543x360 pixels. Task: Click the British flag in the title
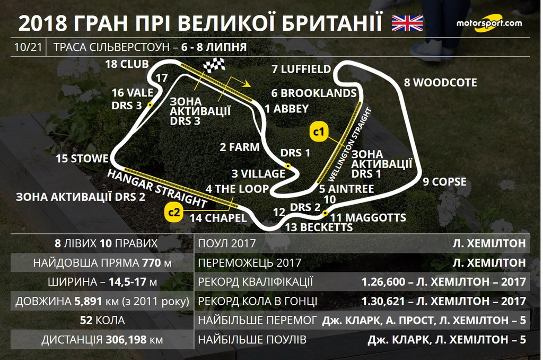click(x=407, y=23)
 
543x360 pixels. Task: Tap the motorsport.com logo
click(x=489, y=23)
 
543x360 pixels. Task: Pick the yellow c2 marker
click(x=173, y=212)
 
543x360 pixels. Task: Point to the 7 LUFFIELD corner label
click(x=301, y=69)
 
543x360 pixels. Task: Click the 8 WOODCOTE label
click(x=440, y=83)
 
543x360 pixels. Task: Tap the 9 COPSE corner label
click(x=444, y=182)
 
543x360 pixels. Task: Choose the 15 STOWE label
click(x=82, y=159)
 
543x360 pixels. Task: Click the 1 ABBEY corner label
click(x=286, y=109)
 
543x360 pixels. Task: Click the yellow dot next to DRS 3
click(x=150, y=105)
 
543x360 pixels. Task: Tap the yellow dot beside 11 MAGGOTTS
click(x=325, y=213)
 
